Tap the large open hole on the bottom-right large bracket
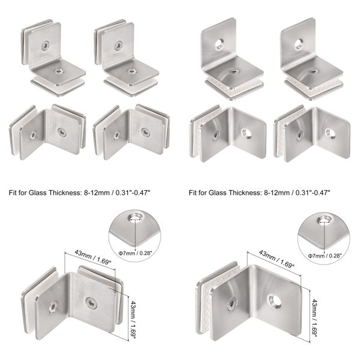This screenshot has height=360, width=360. click(275, 298)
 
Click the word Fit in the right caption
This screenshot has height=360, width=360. click(194, 193)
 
